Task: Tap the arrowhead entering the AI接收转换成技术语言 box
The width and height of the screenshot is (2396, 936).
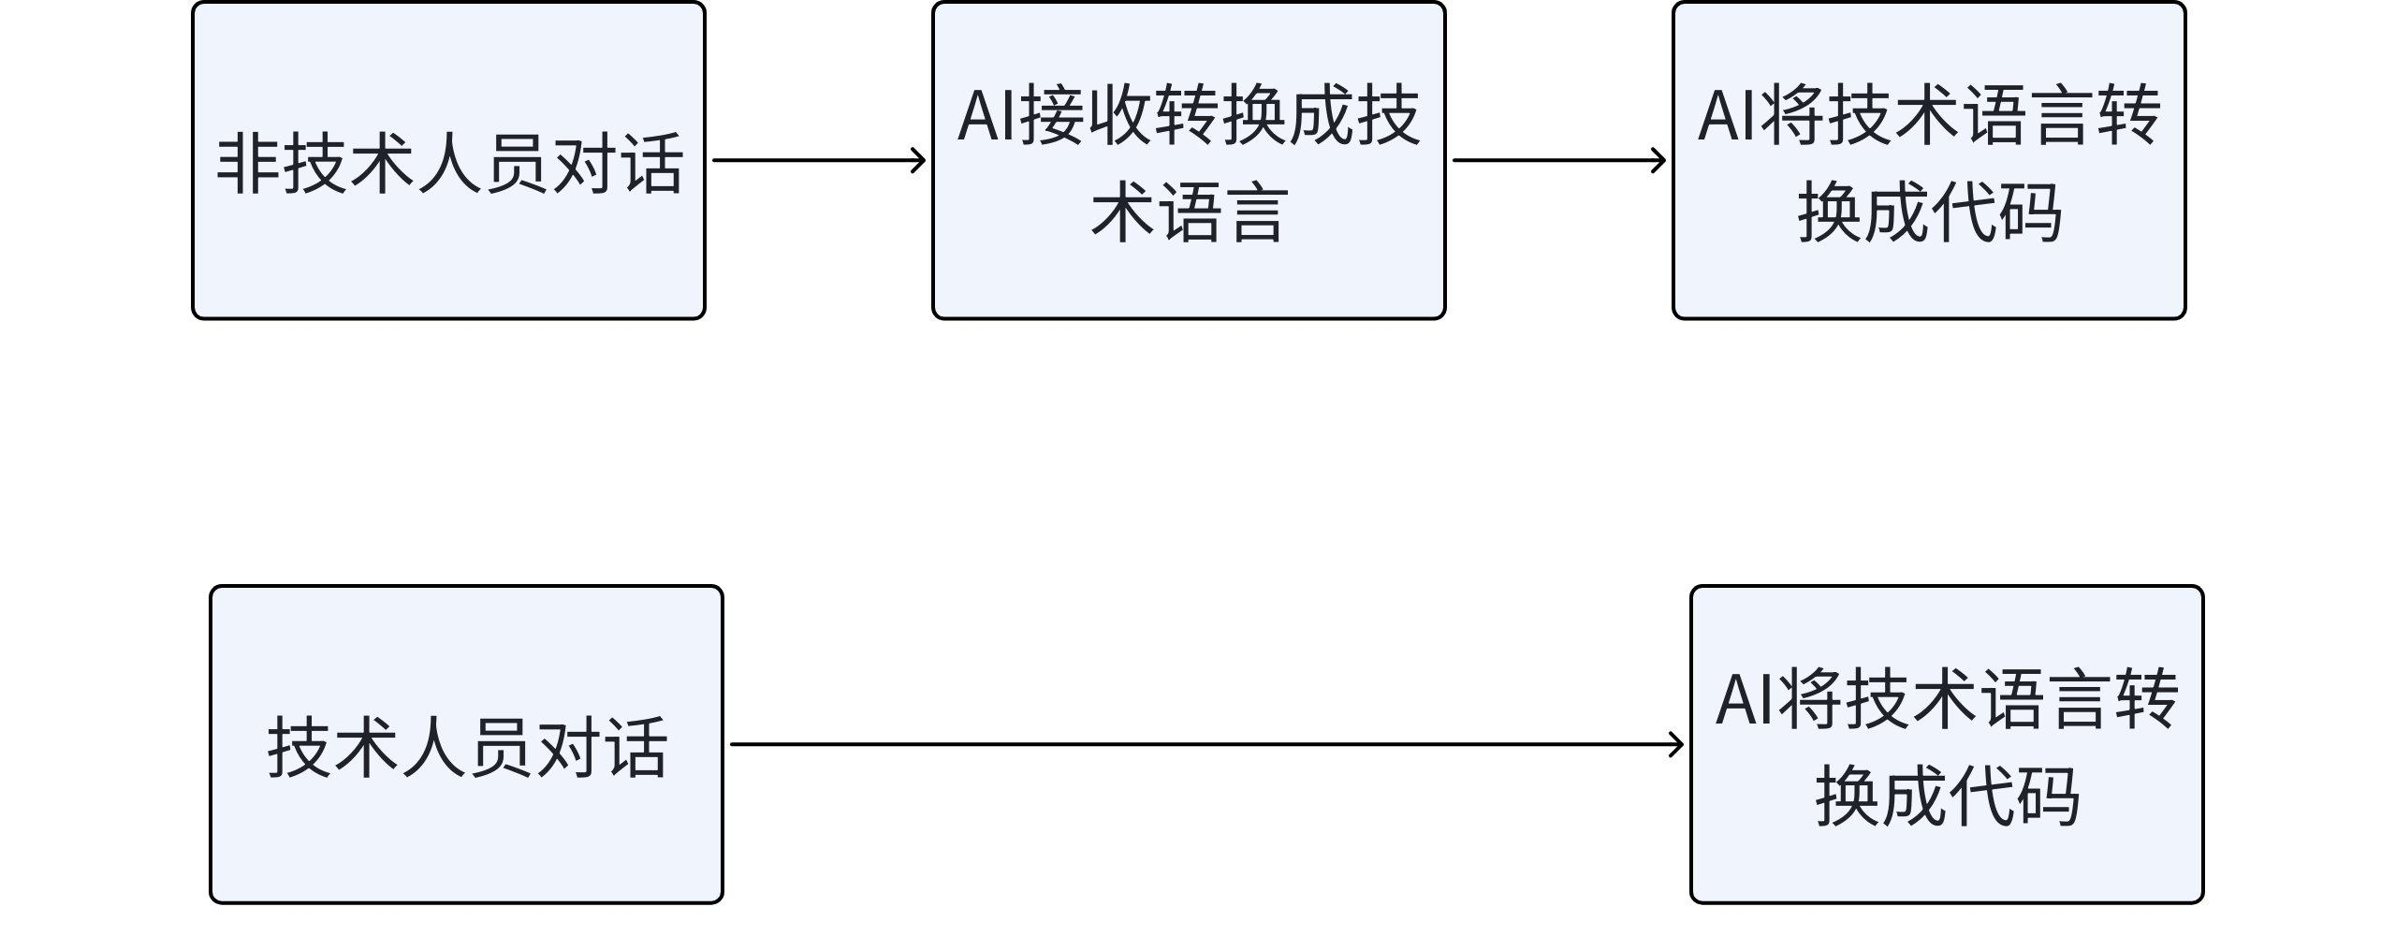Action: [x=919, y=160]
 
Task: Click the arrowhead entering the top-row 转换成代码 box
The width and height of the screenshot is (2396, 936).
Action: [x=1659, y=160]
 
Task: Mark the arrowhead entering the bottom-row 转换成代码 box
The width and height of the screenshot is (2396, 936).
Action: [x=1677, y=745]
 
